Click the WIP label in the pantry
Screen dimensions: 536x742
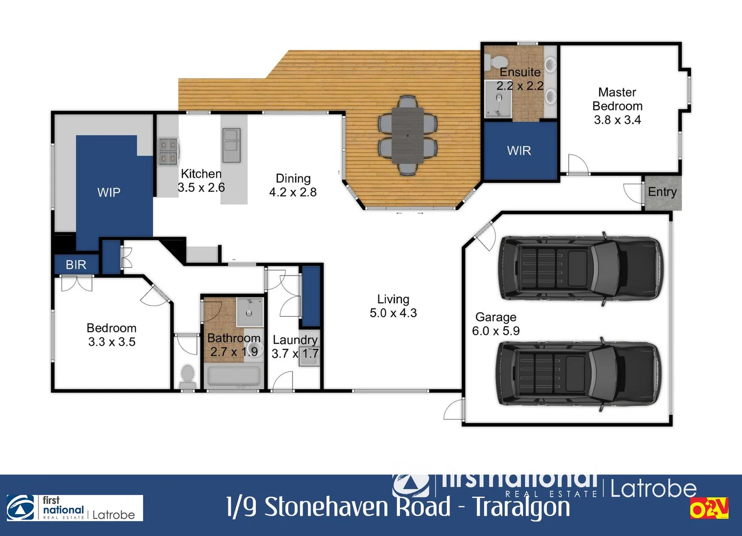[109, 193]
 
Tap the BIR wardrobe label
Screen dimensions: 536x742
[76, 265]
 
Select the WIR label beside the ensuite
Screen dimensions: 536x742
[519, 151]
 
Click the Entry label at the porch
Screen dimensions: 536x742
[662, 192]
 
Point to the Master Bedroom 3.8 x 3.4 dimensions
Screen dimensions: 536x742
[618, 120]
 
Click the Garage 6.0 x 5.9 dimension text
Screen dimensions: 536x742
[495, 331]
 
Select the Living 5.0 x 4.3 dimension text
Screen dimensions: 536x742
[393, 313]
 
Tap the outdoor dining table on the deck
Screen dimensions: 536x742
[407, 135]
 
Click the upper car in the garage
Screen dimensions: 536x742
[580, 268]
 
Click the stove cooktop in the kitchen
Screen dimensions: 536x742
[168, 151]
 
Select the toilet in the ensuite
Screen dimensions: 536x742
[493, 62]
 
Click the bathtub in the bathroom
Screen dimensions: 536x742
[233, 376]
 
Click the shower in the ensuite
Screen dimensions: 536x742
[498, 99]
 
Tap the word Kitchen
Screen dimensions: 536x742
[201, 174]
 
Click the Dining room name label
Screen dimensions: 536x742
[293, 179]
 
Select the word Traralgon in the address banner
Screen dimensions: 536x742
[521, 507]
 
